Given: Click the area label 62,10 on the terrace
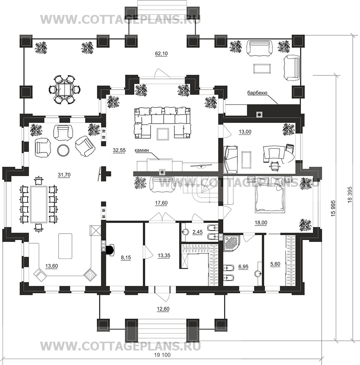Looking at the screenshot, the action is [161, 54].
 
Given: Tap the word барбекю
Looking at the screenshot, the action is [257, 93].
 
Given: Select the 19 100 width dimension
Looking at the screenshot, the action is [162, 355].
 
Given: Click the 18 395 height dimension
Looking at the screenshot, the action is [350, 195].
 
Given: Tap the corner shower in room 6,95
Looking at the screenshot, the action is [231, 242].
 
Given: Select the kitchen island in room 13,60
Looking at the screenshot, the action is [65, 246].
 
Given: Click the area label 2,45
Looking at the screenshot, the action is [197, 232].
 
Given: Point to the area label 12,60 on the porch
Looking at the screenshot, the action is [163, 309].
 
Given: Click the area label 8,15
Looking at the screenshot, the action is [126, 257].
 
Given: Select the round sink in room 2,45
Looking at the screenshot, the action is [185, 232].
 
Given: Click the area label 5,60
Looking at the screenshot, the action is [275, 264].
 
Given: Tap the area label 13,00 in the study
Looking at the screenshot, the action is [245, 132].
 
